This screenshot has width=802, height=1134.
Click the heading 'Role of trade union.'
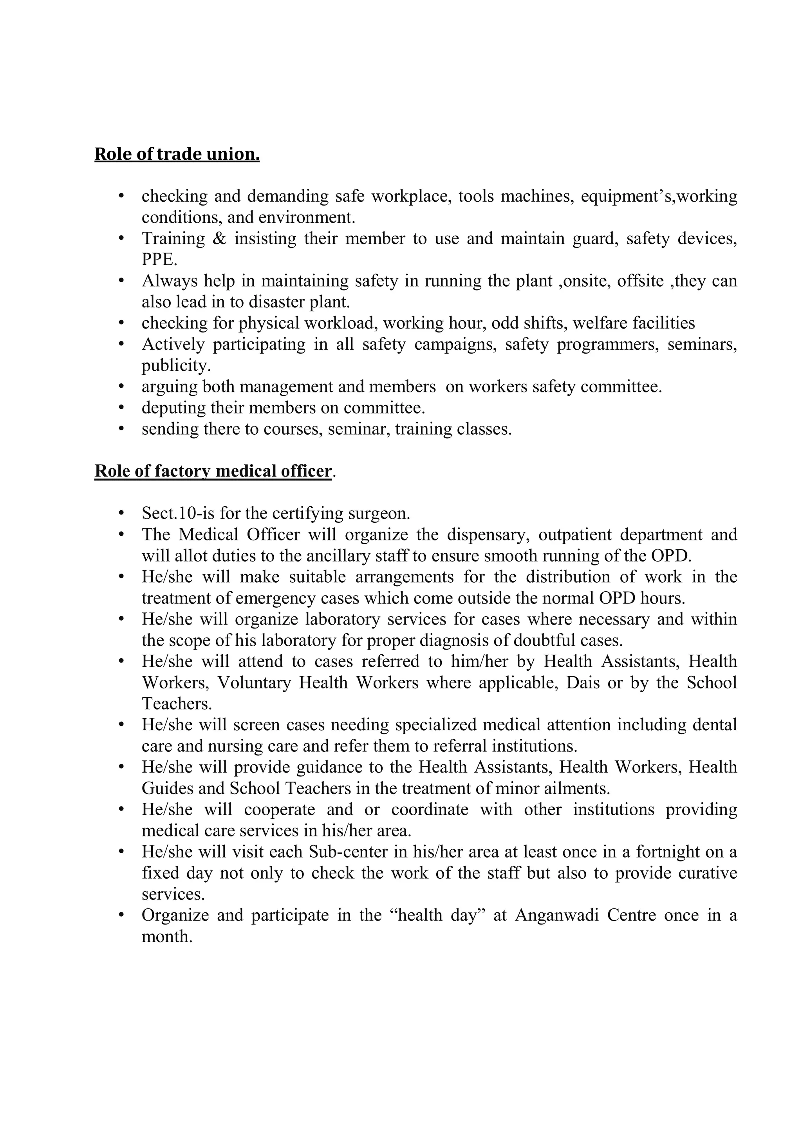coord(177,155)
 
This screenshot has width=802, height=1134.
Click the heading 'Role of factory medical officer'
coord(213,471)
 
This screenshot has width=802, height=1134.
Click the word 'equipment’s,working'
coord(659,197)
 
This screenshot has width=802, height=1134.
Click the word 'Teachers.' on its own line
coord(176,704)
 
